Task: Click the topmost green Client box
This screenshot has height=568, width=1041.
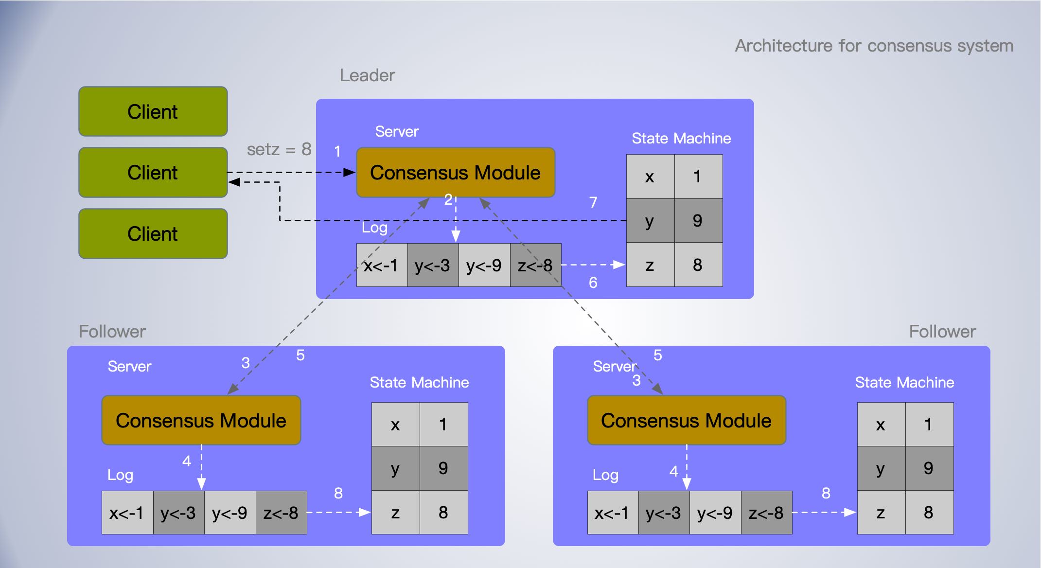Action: tap(153, 111)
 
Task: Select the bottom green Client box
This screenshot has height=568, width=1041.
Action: tap(153, 233)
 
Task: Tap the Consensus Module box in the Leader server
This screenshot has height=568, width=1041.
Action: tap(455, 172)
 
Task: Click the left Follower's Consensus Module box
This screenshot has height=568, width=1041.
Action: tap(201, 420)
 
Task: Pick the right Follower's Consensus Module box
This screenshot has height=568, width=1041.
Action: tap(686, 420)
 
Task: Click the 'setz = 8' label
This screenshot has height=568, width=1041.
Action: tap(279, 149)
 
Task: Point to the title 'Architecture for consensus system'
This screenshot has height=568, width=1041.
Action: tap(874, 46)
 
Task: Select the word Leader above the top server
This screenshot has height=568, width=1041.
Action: tap(367, 75)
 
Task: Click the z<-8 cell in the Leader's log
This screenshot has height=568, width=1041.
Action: tap(535, 265)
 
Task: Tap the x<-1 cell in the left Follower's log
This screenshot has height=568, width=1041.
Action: tap(127, 513)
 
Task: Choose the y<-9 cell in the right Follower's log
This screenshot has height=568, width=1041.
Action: tap(715, 513)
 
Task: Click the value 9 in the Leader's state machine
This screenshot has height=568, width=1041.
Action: tap(698, 220)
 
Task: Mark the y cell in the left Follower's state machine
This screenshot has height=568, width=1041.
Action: tap(395, 468)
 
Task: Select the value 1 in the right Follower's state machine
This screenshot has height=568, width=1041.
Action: tap(928, 424)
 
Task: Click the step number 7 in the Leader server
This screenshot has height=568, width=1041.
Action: tap(593, 202)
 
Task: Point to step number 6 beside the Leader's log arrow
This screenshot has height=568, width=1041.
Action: tap(593, 283)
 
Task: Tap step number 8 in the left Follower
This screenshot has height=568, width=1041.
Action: tap(338, 493)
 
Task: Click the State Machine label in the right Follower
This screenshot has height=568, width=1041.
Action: tap(904, 382)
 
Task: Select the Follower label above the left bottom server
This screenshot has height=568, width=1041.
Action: tap(112, 332)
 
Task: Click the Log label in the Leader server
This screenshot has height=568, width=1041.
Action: tap(374, 227)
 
